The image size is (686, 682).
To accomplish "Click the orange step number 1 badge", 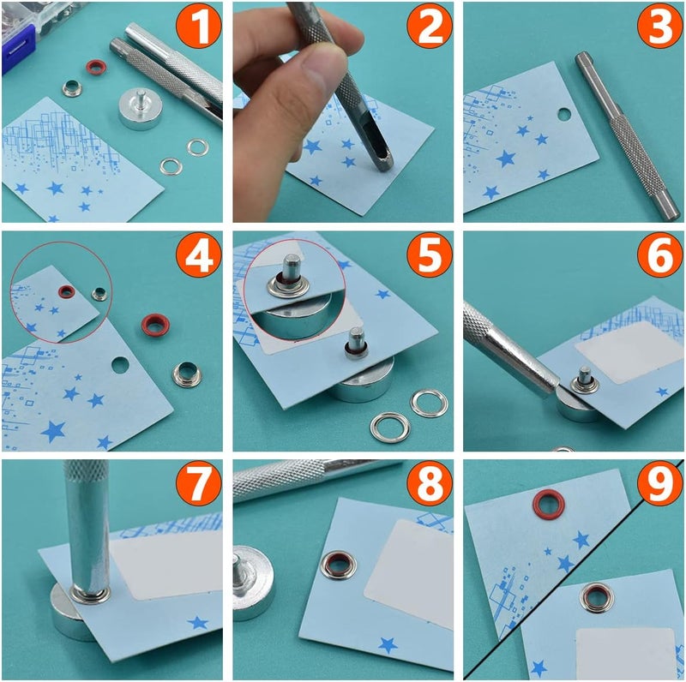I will pyautogui.click(x=198, y=27).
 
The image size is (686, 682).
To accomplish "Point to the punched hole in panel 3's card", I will pyautogui.click(x=563, y=113).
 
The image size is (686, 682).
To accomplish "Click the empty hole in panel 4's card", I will pyautogui.click(x=119, y=366).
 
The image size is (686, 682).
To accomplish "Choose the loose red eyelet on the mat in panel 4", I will pyautogui.click(x=155, y=325).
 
